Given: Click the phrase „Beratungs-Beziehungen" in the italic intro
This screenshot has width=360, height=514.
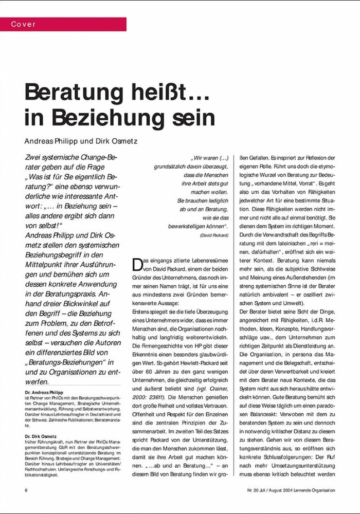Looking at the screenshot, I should [x=64, y=362].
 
